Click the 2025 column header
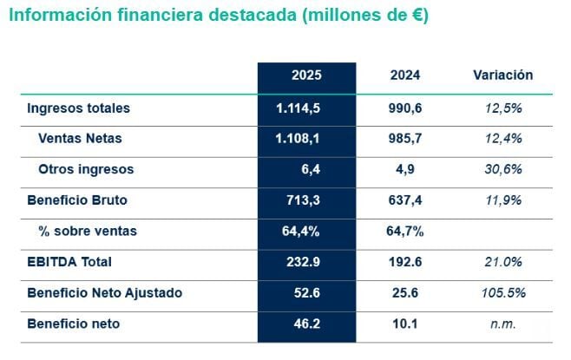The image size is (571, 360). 306,75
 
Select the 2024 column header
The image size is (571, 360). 405,75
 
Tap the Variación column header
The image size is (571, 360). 502,75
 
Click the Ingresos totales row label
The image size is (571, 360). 78,108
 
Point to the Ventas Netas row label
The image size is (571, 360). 80,138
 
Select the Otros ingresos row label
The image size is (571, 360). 86,169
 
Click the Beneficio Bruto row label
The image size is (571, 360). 77,200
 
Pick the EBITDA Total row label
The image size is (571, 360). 69,262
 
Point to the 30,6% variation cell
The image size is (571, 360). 502,169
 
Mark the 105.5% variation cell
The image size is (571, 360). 502,293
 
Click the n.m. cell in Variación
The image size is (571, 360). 502,324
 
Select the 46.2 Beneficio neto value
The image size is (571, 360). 306,324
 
